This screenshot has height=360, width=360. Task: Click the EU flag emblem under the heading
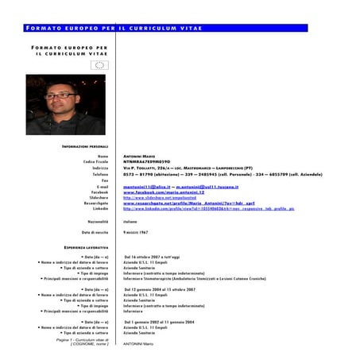[99, 65]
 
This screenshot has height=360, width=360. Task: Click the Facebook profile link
[165, 192]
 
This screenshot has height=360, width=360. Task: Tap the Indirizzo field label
[99, 168]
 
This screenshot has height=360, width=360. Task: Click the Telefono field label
[99, 174]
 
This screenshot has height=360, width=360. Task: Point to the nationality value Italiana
[130, 221]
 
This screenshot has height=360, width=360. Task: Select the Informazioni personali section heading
[85, 147]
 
